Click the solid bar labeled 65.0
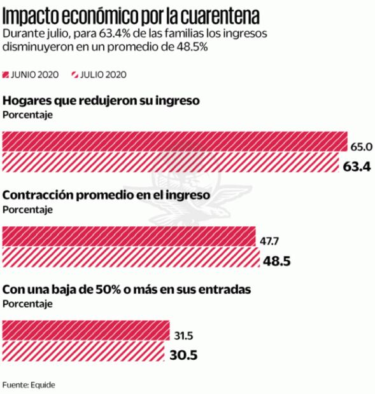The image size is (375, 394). (x=174, y=142)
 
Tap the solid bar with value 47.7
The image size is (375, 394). (x=129, y=236)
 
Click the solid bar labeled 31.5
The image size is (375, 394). (x=86, y=331)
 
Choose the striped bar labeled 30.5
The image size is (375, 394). (x=84, y=353)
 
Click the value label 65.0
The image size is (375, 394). (x=361, y=147)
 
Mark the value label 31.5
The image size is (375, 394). (x=183, y=336)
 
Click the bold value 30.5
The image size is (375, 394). (x=184, y=356)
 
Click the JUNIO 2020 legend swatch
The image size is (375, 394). (x=6, y=74)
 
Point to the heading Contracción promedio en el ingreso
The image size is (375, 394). (x=115, y=196)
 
